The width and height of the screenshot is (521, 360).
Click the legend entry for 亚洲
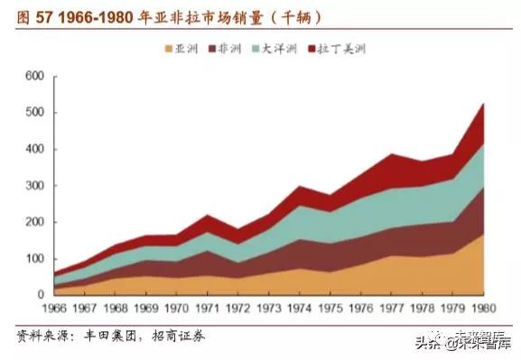coord(183,48)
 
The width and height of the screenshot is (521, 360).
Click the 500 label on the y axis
coord(33,113)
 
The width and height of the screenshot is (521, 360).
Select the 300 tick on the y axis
coord(33,186)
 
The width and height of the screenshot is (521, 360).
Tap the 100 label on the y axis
coord(33,259)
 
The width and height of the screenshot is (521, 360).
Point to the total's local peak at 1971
coord(208,216)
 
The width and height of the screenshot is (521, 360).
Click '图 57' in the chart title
coord(30,17)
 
